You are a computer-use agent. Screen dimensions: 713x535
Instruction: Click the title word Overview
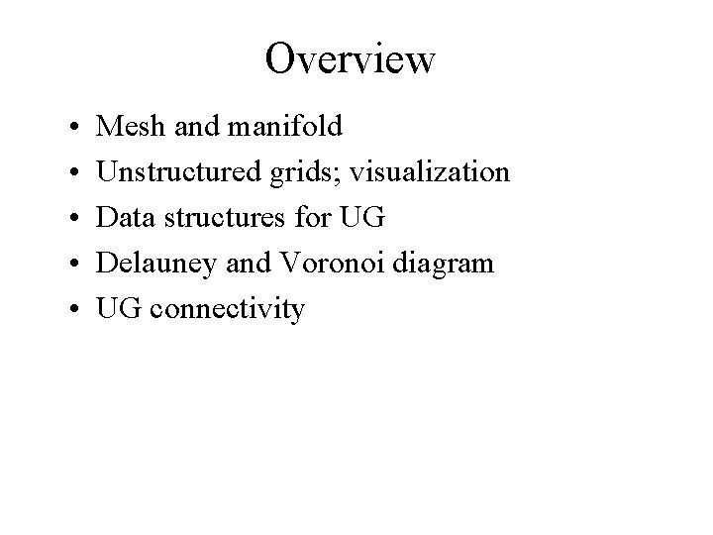click(350, 58)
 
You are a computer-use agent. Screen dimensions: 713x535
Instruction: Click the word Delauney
click(154, 264)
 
